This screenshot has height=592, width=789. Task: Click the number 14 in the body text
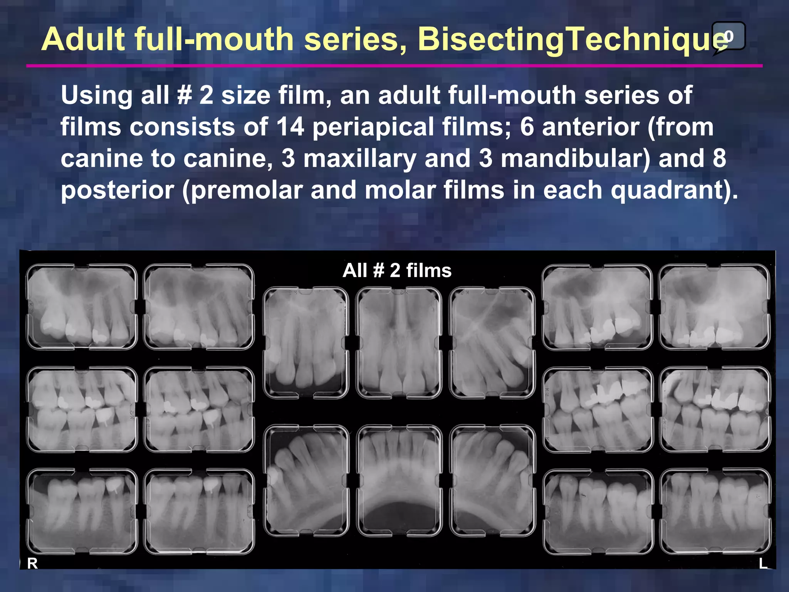point(290,127)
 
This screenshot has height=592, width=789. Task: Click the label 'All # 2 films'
point(397,270)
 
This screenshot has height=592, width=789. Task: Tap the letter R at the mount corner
point(32,563)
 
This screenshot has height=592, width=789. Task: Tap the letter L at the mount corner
point(763,563)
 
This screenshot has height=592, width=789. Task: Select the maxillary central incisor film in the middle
point(399,343)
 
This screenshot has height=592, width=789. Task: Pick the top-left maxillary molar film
point(82,307)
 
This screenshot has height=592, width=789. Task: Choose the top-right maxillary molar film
point(715,307)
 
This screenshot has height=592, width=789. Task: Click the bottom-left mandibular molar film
point(82,511)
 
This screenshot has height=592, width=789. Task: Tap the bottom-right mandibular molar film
point(715,511)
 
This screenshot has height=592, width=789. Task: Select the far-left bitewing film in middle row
point(82,409)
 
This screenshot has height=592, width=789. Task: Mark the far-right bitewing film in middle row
point(715,409)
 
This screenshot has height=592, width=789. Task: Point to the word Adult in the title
point(83,39)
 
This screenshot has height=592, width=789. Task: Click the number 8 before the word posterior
point(718,158)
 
